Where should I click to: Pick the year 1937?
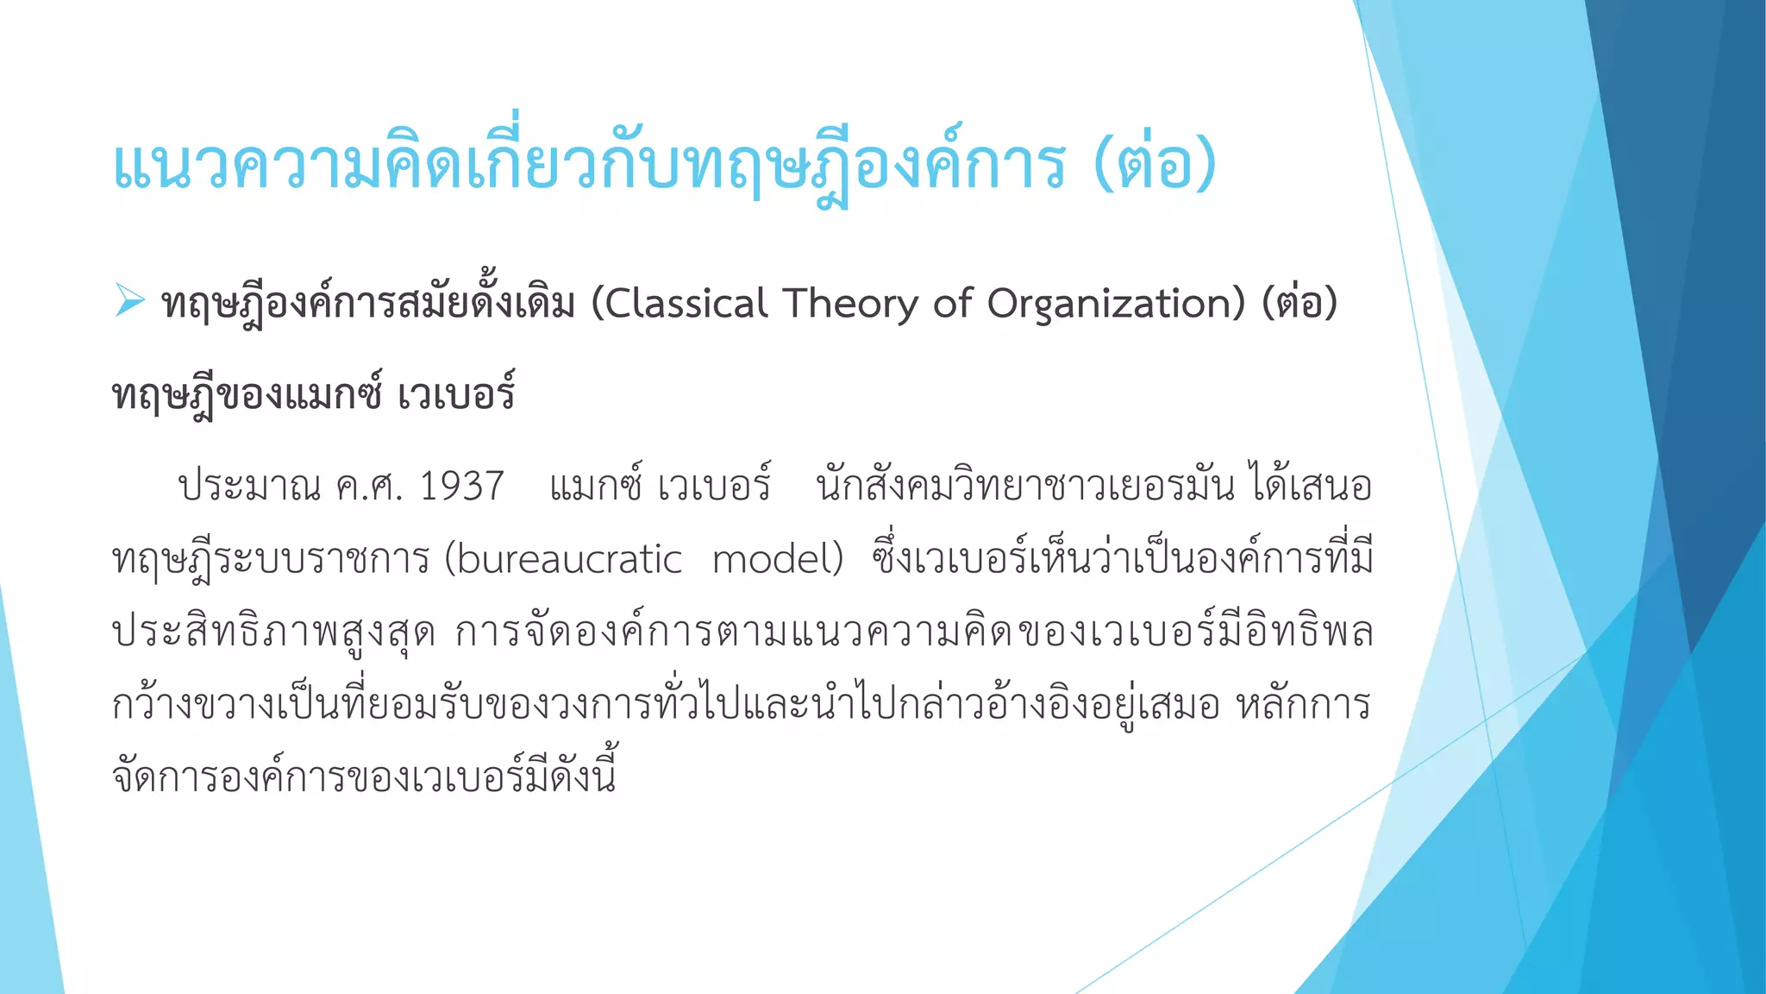[x=461, y=487]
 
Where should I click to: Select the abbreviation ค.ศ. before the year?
[x=369, y=487]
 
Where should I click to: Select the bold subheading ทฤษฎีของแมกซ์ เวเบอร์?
[x=314, y=395]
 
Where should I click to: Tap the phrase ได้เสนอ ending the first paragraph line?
[x=1310, y=487]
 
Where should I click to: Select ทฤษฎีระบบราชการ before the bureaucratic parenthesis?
[x=271, y=559]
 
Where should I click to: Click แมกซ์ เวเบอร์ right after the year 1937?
[x=660, y=487]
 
